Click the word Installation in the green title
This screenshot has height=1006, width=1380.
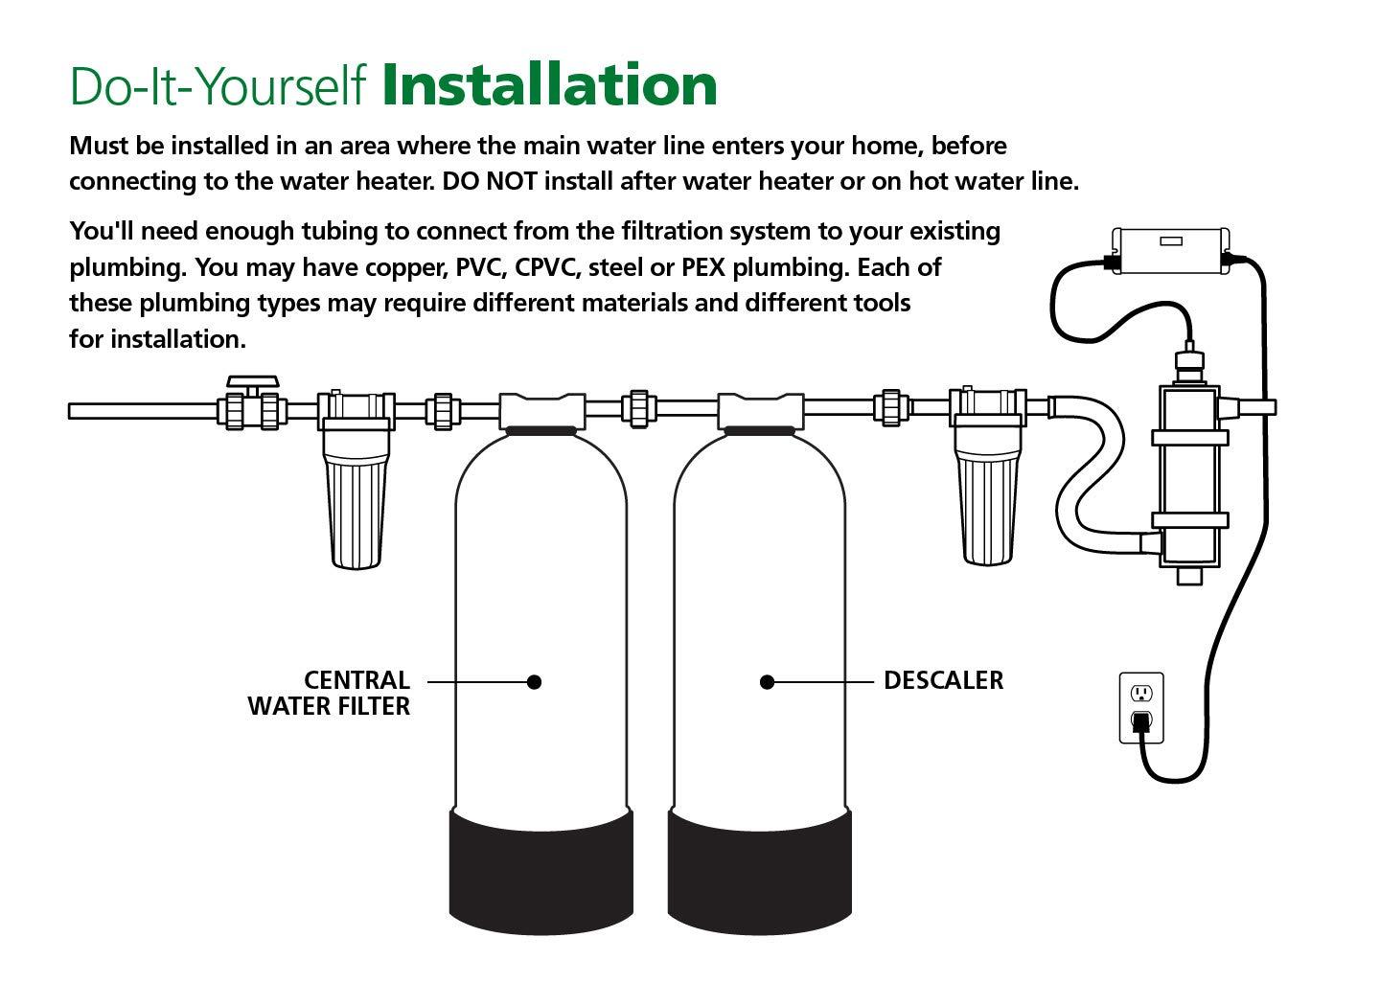click(549, 85)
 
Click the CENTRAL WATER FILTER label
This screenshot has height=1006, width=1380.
click(329, 693)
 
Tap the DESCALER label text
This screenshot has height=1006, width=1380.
click(943, 680)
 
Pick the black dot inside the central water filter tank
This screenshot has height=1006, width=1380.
click(535, 682)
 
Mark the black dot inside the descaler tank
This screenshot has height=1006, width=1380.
click(767, 682)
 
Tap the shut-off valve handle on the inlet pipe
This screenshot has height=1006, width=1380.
click(251, 382)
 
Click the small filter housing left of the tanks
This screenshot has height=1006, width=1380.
click(357, 498)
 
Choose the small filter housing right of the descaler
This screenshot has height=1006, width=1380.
click(987, 498)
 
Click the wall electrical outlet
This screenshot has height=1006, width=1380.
click(1141, 707)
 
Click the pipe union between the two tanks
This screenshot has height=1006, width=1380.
click(636, 408)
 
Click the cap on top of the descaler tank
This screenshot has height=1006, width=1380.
click(760, 410)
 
